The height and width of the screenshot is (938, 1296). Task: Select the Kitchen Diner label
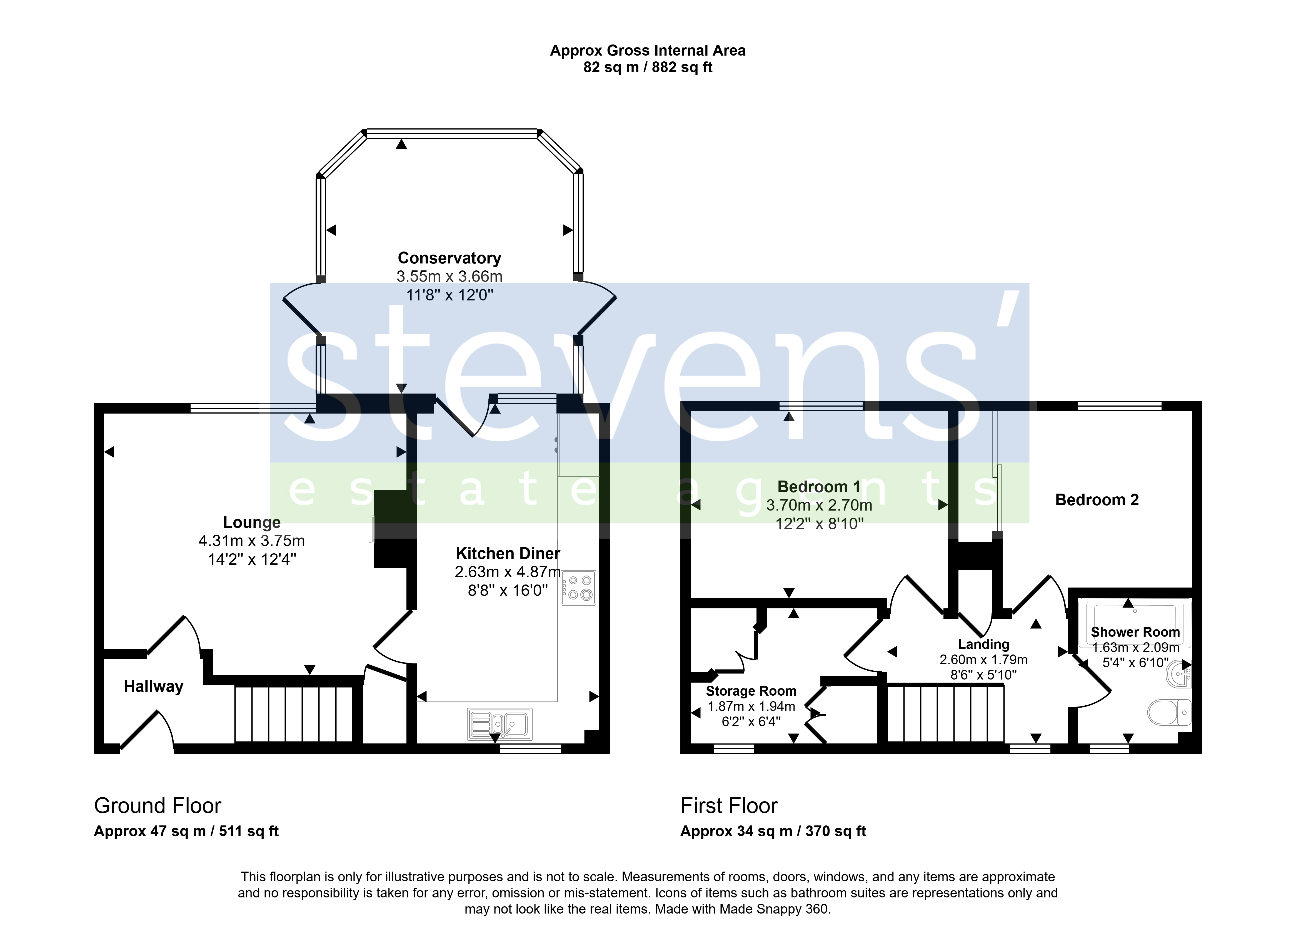pyautogui.click(x=508, y=553)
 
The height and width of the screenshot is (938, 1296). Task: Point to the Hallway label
pyautogui.click(x=154, y=686)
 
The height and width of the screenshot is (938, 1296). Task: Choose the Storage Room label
pyautogui.click(x=751, y=691)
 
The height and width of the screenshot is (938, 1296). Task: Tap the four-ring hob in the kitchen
pyautogui.click(x=578, y=588)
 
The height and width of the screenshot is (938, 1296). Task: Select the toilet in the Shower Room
pyautogui.click(x=1169, y=712)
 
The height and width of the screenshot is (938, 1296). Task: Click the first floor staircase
pyautogui.click(x=946, y=713)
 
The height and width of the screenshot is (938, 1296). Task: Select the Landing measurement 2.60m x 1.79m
pyautogui.click(x=983, y=660)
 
